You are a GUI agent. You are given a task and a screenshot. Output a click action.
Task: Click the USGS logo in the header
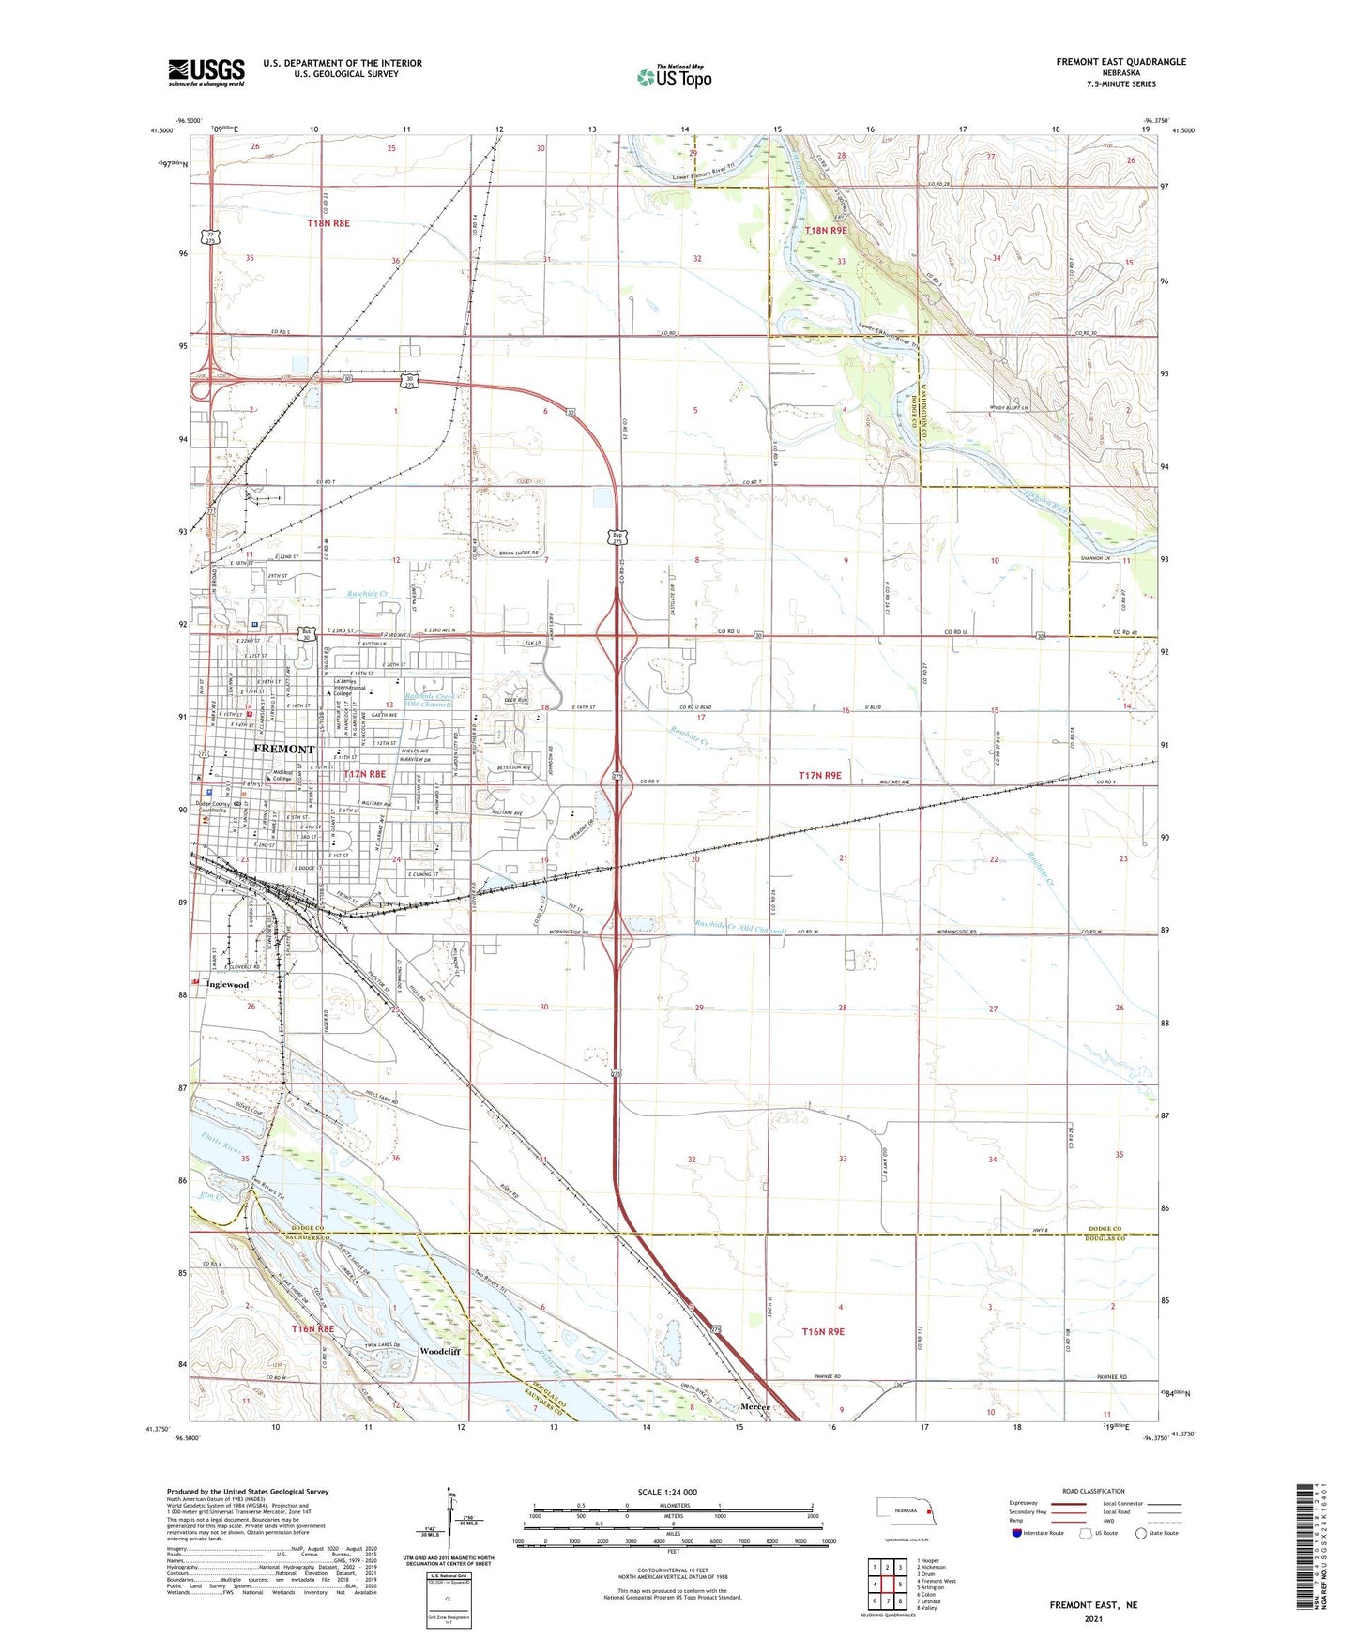tap(206, 71)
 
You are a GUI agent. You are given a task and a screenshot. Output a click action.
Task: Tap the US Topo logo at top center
tap(674, 76)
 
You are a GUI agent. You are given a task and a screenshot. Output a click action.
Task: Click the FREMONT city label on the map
tap(284, 750)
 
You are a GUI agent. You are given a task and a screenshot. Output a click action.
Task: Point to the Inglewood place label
tap(228, 985)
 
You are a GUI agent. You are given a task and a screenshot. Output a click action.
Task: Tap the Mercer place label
tap(755, 1407)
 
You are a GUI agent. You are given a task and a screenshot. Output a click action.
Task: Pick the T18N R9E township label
tap(826, 230)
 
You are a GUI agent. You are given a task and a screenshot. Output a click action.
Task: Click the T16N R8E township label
tap(313, 1329)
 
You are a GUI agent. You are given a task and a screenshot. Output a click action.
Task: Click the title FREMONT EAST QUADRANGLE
tap(1120, 62)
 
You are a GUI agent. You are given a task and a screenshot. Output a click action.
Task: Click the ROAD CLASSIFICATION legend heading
tap(1094, 1491)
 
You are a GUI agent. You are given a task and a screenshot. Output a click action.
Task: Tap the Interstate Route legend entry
tap(1043, 1533)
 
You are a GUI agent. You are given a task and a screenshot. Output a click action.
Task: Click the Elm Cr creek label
tap(211, 1196)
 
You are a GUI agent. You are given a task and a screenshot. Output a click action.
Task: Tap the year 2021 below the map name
tap(1092, 1618)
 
